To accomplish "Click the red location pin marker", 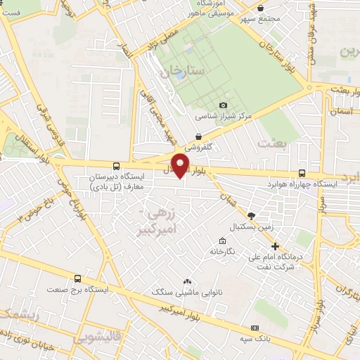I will (x=181, y=166).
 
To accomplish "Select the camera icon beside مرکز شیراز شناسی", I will (x=224, y=105).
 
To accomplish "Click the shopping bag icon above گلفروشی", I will (x=199, y=136).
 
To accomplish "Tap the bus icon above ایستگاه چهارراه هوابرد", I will (x=302, y=173).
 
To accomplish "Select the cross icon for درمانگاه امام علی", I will (x=276, y=247).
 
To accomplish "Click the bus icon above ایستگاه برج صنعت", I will (x=75, y=278).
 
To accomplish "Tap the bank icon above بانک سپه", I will (x=254, y=328).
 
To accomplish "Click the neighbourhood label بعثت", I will (x=273, y=143).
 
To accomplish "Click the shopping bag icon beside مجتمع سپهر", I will (x=261, y=8).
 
